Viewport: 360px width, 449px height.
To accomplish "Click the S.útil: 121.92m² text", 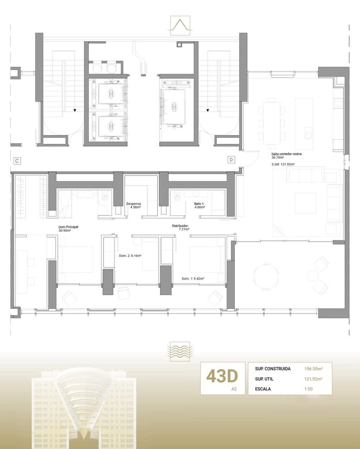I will click(283, 164).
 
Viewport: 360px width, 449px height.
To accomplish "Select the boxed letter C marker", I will click(16, 161).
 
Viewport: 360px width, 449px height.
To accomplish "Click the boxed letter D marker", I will click(231, 160).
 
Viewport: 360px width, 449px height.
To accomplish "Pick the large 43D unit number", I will click(222, 376).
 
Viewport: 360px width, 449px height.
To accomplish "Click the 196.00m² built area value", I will click(313, 369).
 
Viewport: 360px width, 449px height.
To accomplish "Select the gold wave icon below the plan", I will click(180, 351).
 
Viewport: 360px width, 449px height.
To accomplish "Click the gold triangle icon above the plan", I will click(180, 25).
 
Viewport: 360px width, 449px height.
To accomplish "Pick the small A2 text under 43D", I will click(234, 389).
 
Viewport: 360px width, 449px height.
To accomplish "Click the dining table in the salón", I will click(271, 115).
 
